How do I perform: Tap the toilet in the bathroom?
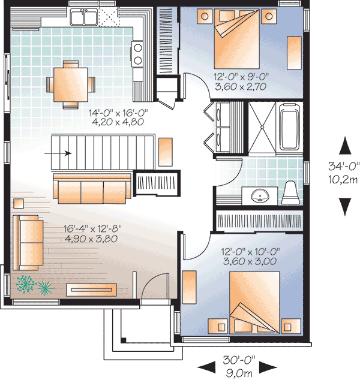tap(290, 191)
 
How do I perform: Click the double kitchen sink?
tap(84, 17)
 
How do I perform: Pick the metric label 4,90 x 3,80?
tap(90, 239)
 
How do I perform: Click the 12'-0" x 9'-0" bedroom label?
tap(240, 77)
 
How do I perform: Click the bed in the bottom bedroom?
tap(254, 297)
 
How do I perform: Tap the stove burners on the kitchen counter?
tap(137, 53)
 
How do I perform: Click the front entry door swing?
tap(155, 284)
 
